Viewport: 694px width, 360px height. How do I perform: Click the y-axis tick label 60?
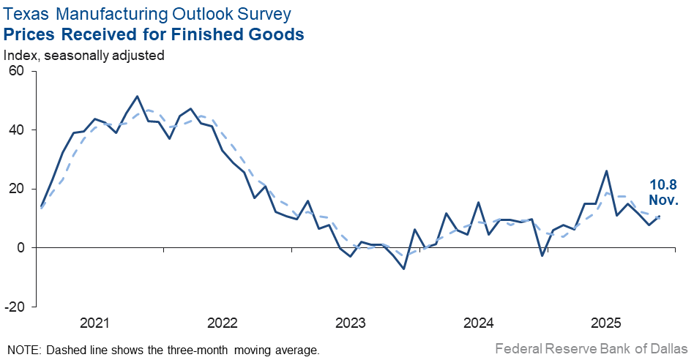pyautogui.click(x=16, y=71)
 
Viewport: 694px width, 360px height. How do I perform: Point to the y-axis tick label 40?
pyautogui.click(x=16, y=130)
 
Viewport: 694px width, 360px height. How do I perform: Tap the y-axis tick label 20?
pyautogui.click(x=16, y=189)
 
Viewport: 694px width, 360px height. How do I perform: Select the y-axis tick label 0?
pyautogui.click(x=20, y=247)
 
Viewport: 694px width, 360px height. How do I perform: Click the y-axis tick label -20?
pyautogui.click(x=14, y=307)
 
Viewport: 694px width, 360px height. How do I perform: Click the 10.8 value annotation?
pyautogui.click(x=663, y=185)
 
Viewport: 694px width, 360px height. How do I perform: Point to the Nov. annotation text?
pyautogui.click(x=663, y=200)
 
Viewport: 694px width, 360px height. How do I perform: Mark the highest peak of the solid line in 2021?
pyautogui.click(x=138, y=96)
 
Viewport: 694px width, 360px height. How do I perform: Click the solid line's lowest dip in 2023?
pyautogui.click(x=403, y=269)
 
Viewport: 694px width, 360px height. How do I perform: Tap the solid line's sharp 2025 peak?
pyautogui.click(x=606, y=171)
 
